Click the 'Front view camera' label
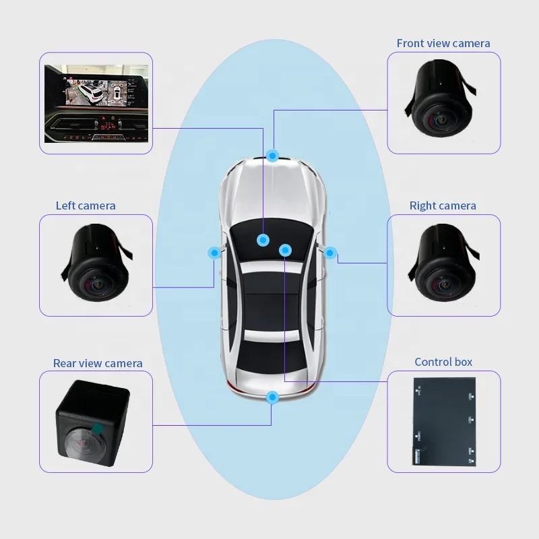(x=443, y=44)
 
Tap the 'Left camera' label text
(x=86, y=205)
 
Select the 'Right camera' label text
(x=443, y=205)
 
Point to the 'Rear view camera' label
(x=98, y=363)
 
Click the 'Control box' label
(x=443, y=362)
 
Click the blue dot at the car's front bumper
(x=272, y=156)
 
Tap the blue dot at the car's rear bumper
(x=272, y=398)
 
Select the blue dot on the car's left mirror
(x=214, y=253)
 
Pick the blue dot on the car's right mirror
(x=330, y=253)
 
